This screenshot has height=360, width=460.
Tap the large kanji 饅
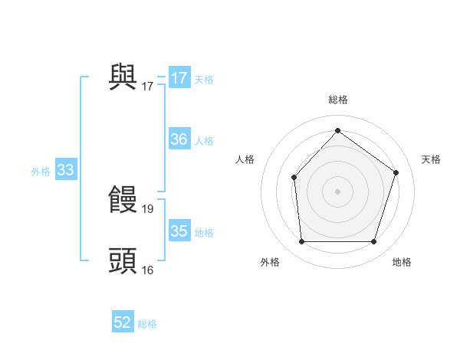(x=123, y=200)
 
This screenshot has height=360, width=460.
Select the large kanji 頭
(x=123, y=261)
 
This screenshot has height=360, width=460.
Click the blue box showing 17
(x=179, y=78)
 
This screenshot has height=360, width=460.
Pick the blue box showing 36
(x=179, y=139)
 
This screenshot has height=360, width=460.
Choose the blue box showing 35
(x=179, y=231)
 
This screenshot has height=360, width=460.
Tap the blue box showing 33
(x=65, y=170)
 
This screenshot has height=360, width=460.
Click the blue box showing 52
(x=123, y=322)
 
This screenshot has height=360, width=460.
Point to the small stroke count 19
(x=148, y=208)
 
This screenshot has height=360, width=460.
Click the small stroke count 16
(x=148, y=270)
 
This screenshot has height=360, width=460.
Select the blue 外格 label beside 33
(x=41, y=172)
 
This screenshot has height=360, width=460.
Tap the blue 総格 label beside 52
(x=147, y=324)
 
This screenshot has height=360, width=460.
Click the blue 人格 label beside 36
(x=204, y=141)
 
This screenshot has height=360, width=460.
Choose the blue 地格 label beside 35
(x=204, y=233)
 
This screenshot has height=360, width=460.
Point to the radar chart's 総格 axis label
(x=337, y=100)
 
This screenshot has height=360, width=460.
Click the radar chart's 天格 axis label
(x=431, y=159)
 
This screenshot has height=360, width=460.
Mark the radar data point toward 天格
(x=396, y=172)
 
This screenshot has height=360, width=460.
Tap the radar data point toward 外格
(x=301, y=242)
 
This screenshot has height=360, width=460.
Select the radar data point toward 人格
(x=294, y=178)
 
